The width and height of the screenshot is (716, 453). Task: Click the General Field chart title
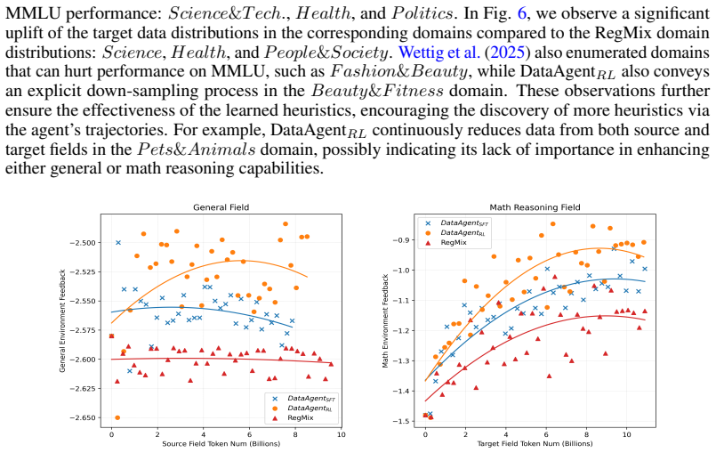221,207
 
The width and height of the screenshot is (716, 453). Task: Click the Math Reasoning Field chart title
535,207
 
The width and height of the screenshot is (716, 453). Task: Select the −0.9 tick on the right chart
402,240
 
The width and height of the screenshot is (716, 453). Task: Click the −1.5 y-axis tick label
402,421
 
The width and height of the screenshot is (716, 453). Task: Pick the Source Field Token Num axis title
221,443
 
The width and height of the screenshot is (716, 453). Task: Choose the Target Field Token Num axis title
535,443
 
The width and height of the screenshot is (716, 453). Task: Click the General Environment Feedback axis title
62,320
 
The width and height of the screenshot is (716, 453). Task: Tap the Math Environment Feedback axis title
385,321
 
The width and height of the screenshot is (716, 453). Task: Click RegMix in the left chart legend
301,417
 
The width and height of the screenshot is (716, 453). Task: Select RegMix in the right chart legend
454,242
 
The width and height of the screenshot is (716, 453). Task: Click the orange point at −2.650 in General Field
117,417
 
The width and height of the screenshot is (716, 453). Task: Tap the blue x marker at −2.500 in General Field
118,242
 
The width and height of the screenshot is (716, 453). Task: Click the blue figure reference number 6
522,13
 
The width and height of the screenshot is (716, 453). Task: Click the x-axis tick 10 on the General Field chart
342,434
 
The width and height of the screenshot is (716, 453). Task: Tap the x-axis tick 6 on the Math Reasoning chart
546,434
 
